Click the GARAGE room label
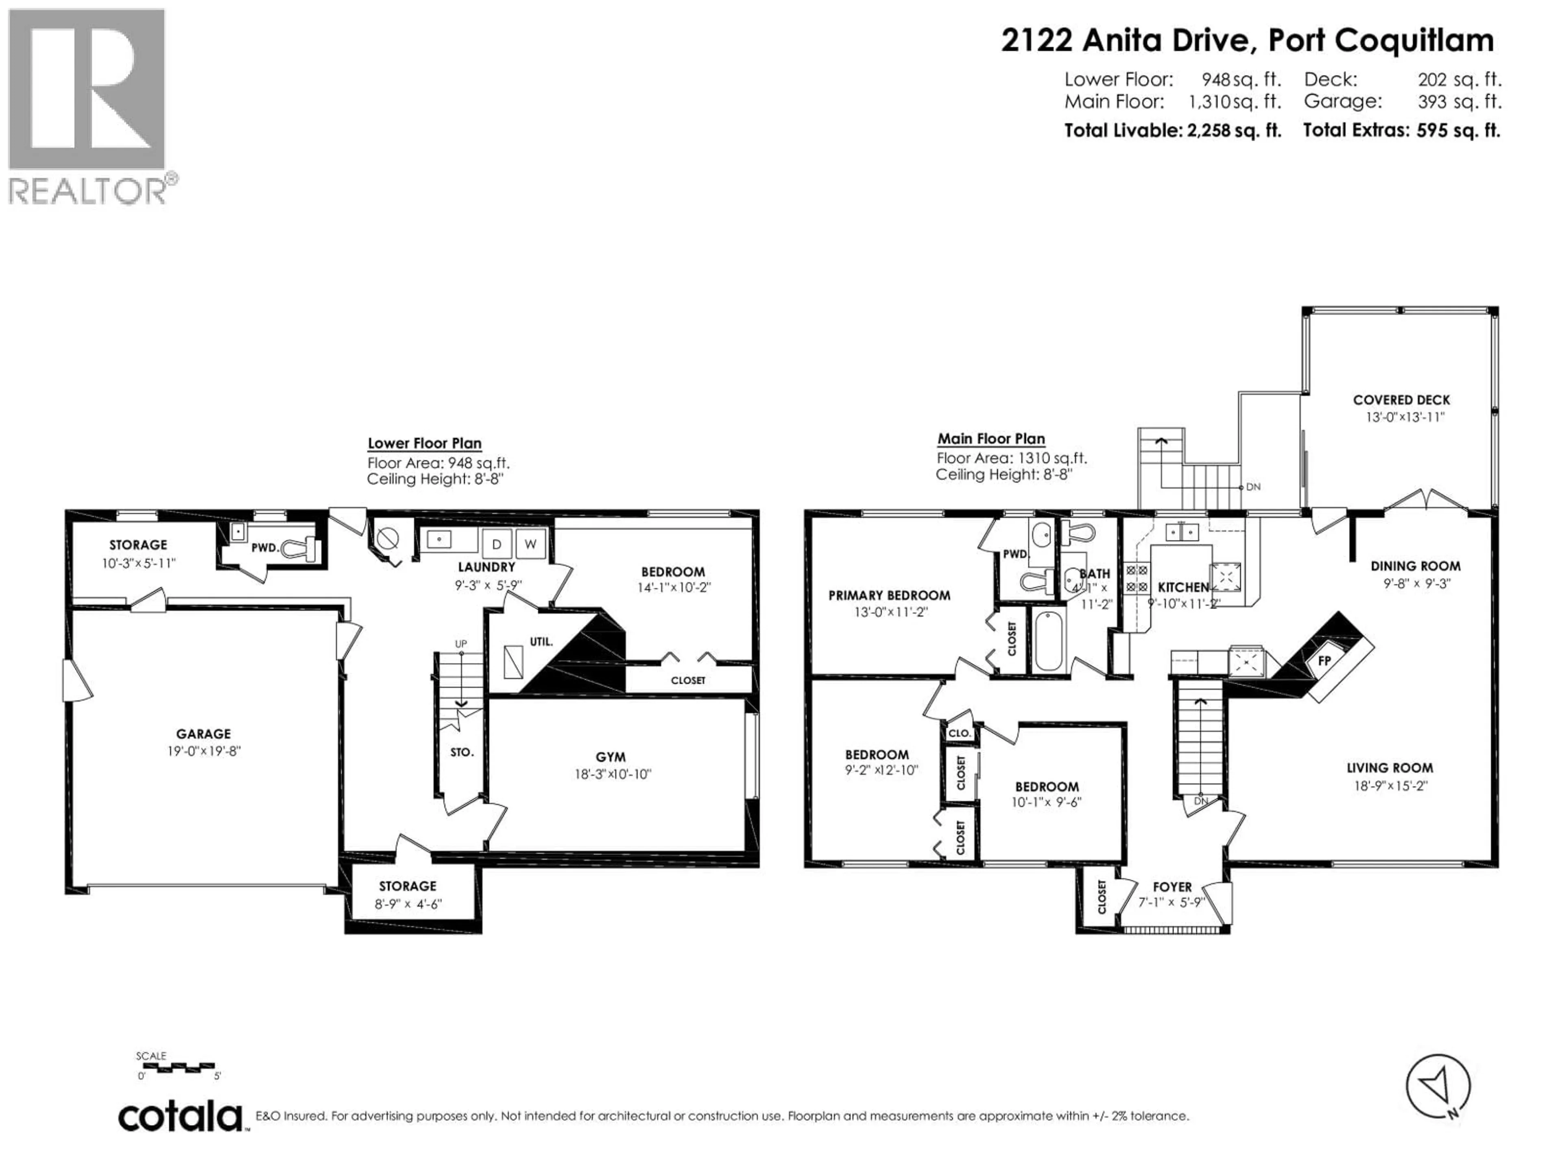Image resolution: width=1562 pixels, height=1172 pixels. pos(203,734)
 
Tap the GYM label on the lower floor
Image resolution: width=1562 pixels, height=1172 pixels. pos(610,757)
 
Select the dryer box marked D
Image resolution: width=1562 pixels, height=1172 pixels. pos(496,544)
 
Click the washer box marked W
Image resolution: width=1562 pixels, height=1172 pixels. pos(530,544)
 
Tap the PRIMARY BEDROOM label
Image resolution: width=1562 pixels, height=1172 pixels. pos(889,595)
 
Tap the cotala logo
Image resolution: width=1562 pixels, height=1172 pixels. pos(181,1117)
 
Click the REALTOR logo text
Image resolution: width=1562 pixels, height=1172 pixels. pos(88,191)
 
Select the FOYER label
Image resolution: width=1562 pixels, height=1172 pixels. pos(1172,887)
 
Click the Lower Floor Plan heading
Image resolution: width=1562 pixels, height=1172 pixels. pos(424,444)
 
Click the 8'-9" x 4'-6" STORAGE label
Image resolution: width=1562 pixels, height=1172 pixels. pos(408,903)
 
